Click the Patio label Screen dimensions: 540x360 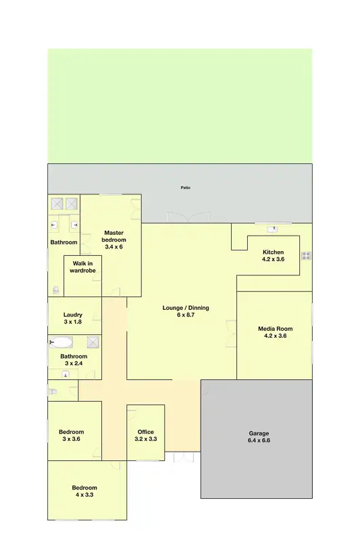tap(185, 187)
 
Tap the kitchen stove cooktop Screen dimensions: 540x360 tap(306, 255)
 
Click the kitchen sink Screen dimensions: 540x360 tap(274, 229)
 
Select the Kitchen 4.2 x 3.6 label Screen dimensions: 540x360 tap(274, 256)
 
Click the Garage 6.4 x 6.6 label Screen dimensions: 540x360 tap(259, 437)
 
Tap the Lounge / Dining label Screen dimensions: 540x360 tap(186, 311)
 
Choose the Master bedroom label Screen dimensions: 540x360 tap(113, 240)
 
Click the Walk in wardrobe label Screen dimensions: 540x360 tap(82, 267)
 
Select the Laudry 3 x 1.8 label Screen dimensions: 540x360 tap(73, 318)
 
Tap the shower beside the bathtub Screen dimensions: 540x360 tap(93, 342)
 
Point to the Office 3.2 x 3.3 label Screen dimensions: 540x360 tap(146, 435)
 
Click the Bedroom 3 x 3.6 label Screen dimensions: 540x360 tap(71, 435)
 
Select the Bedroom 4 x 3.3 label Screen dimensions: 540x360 tap(84, 491)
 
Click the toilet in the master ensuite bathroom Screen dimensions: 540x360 tap(55, 290)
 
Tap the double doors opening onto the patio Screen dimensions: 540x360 tap(188, 218)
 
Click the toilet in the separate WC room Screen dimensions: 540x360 tap(53, 391)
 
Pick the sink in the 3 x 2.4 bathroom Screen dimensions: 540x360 tap(66, 371)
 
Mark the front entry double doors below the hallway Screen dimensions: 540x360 tap(183, 457)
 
